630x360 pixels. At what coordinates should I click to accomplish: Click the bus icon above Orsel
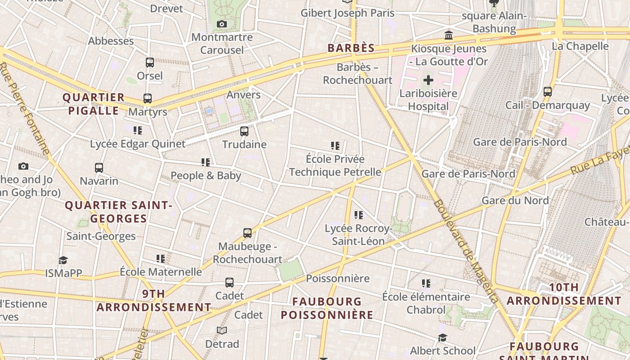click(x=150, y=63)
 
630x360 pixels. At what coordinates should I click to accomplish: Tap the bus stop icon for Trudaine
click(x=244, y=131)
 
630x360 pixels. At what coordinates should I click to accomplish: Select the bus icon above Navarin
click(x=99, y=168)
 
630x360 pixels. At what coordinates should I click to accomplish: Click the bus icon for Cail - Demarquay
click(x=548, y=92)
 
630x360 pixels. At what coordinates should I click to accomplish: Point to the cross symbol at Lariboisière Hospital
click(x=428, y=81)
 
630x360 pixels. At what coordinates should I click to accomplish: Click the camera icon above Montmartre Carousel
click(x=222, y=24)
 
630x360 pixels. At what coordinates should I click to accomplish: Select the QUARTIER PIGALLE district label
click(x=94, y=104)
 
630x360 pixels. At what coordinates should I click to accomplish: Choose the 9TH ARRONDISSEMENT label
click(x=154, y=301)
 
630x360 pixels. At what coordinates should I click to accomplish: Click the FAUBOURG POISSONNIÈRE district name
click(x=327, y=308)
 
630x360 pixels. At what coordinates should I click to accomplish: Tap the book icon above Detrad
click(x=222, y=331)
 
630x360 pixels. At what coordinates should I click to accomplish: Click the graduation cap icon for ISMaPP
click(x=63, y=260)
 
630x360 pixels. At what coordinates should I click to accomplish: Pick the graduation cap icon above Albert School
click(x=443, y=337)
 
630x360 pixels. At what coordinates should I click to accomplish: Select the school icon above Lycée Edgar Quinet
click(x=138, y=130)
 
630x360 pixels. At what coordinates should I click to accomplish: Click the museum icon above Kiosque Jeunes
click(x=449, y=35)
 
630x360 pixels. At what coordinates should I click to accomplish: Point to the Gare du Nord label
click(x=515, y=200)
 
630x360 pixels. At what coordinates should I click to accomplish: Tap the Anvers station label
click(x=243, y=94)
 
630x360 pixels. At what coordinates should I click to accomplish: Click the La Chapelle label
click(x=580, y=46)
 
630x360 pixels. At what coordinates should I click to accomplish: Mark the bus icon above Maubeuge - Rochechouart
click(x=247, y=233)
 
